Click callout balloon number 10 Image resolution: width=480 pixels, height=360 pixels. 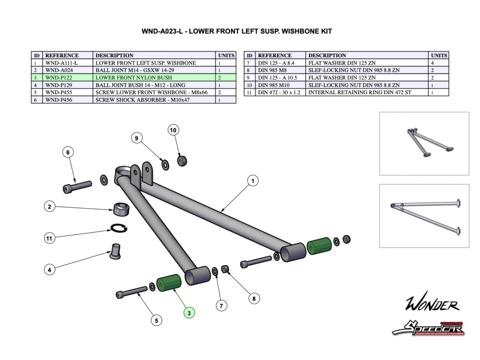click(173, 130)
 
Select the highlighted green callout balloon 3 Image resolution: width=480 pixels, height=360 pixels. click(189, 313)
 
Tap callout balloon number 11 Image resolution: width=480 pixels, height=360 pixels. click(49, 238)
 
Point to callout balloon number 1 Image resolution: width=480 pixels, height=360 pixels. click(252, 180)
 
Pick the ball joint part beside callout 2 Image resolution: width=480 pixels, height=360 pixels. click(122, 209)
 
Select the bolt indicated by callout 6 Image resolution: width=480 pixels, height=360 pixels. click(77, 187)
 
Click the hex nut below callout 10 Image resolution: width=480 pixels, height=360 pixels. click(182, 161)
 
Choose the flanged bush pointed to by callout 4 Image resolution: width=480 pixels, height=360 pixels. click(115, 251)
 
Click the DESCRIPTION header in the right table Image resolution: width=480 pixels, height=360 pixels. click(327, 55)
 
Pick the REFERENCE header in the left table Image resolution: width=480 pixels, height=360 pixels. click(62, 55)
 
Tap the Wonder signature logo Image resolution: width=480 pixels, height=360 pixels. click(432, 305)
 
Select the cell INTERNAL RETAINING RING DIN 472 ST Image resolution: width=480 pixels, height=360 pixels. click(360, 92)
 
